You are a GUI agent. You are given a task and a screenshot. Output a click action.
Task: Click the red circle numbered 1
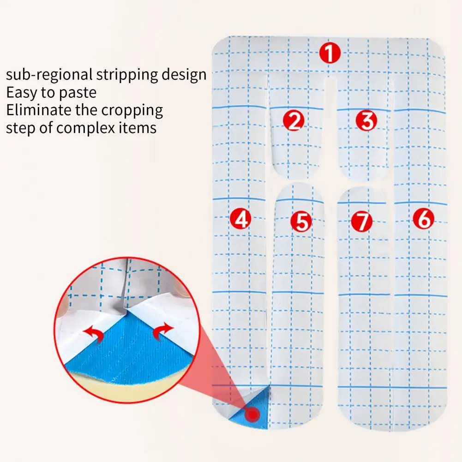click(330, 54)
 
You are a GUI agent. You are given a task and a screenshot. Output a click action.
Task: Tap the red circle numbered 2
click(294, 121)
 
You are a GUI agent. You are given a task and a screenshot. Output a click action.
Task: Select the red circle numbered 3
click(366, 121)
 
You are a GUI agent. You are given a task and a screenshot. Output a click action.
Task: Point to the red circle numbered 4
click(241, 218)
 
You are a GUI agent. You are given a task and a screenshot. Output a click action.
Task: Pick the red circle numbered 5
click(301, 222)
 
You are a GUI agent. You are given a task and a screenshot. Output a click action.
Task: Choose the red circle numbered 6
click(423, 218)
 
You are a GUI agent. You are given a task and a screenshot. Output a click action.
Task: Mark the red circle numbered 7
click(361, 222)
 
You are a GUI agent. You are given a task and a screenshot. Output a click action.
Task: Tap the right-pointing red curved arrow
click(162, 330)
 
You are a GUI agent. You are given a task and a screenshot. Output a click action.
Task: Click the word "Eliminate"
click(38, 110)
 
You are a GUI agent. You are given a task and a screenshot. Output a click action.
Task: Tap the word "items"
click(138, 127)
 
